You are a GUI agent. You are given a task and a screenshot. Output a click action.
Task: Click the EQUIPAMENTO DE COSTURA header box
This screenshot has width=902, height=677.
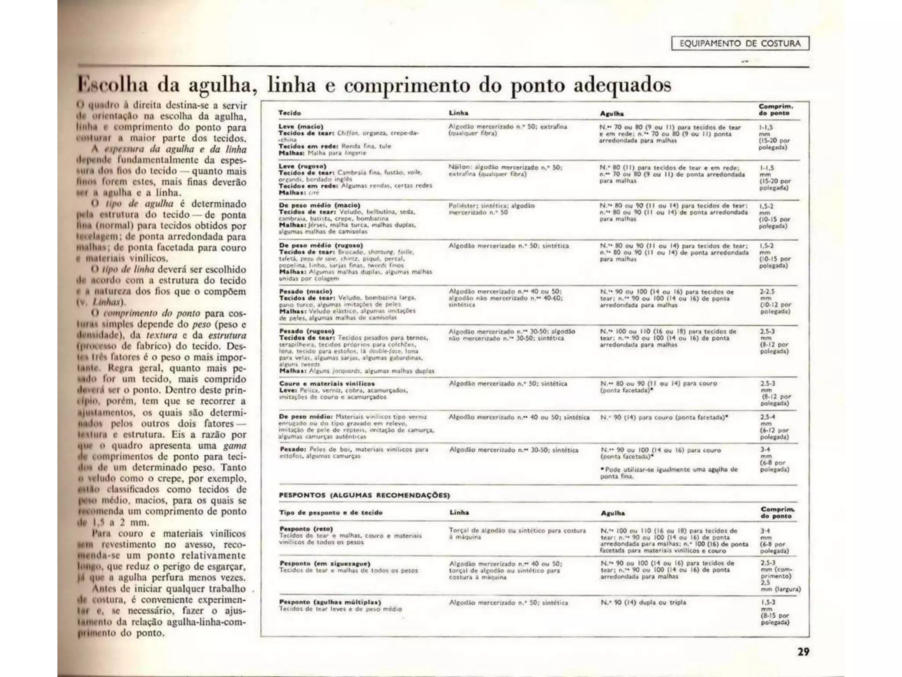(x=740, y=43)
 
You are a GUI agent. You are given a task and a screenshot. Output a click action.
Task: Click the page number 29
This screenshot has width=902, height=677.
(x=803, y=651)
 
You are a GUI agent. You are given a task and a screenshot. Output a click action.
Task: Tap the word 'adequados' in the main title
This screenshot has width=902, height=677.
(x=622, y=85)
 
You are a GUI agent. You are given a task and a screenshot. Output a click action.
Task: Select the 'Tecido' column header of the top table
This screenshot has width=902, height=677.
(x=289, y=113)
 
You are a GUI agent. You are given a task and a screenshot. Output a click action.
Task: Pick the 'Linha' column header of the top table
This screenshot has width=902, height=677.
(x=458, y=113)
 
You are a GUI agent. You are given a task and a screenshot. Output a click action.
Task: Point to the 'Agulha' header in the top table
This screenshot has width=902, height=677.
(x=612, y=113)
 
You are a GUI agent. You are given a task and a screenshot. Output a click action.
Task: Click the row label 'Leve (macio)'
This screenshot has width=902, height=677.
(x=301, y=126)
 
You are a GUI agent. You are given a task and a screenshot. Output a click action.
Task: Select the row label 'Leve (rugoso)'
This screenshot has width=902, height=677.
(x=303, y=166)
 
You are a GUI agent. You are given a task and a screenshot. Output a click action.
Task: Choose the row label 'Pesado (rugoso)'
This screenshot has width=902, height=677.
(x=307, y=331)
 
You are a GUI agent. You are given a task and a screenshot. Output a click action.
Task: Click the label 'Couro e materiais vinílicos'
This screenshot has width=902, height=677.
(x=327, y=383)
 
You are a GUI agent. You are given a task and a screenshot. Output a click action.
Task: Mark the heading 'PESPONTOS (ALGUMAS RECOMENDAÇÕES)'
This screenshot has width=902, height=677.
(x=364, y=495)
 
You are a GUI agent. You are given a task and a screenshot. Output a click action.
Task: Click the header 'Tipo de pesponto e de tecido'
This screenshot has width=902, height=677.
(x=331, y=513)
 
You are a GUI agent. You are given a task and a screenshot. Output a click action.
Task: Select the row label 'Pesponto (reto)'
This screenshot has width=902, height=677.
(x=306, y=529)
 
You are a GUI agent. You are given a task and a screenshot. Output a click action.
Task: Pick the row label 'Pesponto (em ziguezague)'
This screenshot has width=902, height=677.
(x=325, y=563)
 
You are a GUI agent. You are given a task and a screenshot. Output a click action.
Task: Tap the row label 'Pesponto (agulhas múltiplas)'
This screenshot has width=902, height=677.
(x=330, y=602)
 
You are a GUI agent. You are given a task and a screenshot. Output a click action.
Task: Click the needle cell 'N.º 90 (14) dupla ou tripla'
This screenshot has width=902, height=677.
(x=643, y=602)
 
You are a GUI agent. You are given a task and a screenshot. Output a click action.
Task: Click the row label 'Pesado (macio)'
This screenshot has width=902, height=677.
(x=305, y=291)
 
